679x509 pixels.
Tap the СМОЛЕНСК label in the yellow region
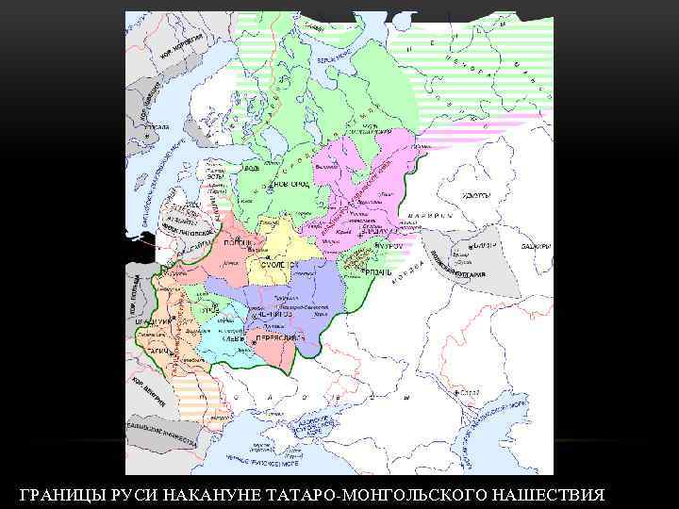268,265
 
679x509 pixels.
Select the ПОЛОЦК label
236,242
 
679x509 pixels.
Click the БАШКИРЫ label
537,246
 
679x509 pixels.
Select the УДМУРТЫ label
475,196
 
